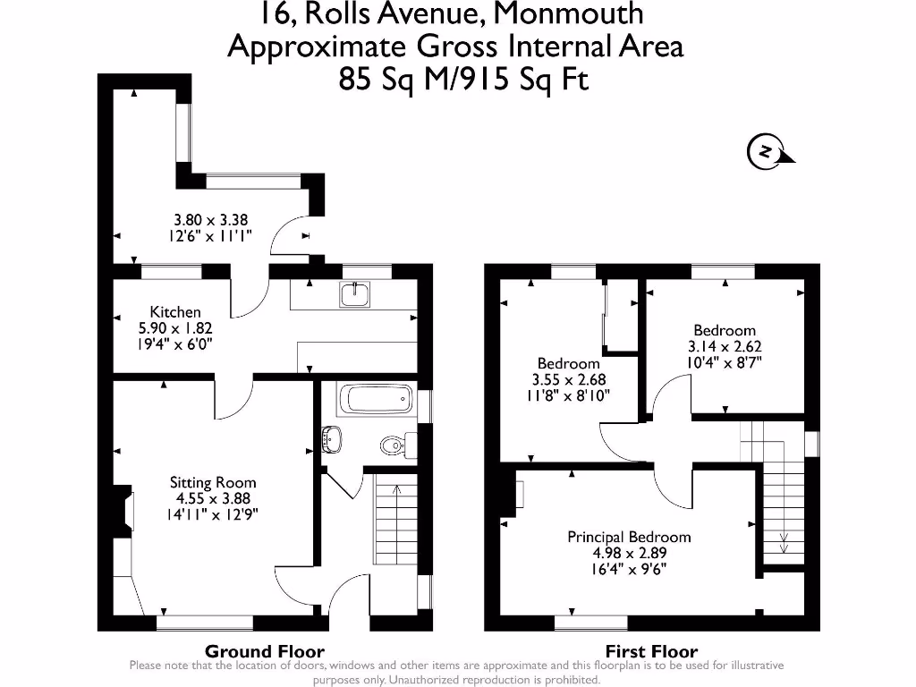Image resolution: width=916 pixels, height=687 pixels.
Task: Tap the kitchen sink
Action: click(x=356, y=294)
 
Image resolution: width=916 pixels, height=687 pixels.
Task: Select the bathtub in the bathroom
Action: click(x=376, y=398)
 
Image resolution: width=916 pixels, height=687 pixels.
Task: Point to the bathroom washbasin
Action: click(x=332, y=438)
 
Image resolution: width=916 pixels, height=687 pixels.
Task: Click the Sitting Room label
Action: click(x=213, y=482)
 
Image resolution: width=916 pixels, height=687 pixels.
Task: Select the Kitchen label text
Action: click(x=175, y=311)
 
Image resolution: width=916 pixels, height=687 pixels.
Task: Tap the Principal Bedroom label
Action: click(x=629, y=537)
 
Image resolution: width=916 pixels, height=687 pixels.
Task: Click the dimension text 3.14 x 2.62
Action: click(x=724, y=347)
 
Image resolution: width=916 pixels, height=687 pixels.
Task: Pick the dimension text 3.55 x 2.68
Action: click(x=569, y=379)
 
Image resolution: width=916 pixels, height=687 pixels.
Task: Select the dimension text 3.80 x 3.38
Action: click(x=210, y=219)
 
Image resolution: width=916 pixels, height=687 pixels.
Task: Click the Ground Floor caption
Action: click(x=265, y=651)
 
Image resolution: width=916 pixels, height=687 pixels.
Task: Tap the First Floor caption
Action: click(x=651, y=651)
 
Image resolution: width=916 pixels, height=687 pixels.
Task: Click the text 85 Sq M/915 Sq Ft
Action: click(x=464, y=80)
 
